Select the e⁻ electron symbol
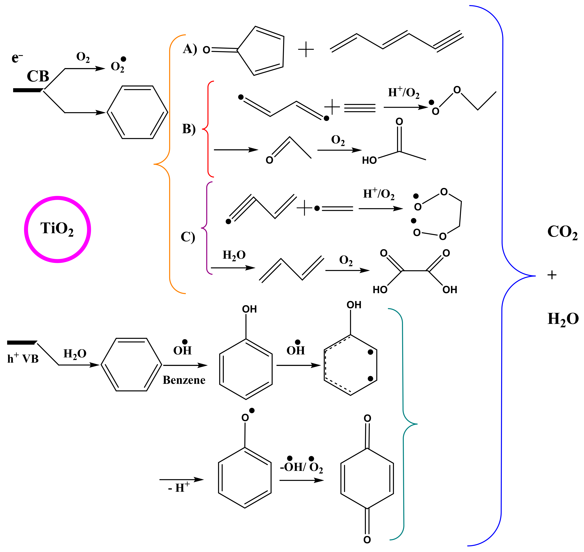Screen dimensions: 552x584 pyautogui.click(x=17, y=58)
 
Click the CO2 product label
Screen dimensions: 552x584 pyautogui.click(x=562, y=232)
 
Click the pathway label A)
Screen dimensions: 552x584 pyautogui.click(x=190, y=49)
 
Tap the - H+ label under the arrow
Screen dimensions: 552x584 pyautogui.click(x=178, y=488)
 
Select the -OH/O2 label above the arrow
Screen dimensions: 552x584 pyautogui.click(x=301, y=466)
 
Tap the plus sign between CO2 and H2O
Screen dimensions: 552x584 pyautogui.click(x=552, y=275)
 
